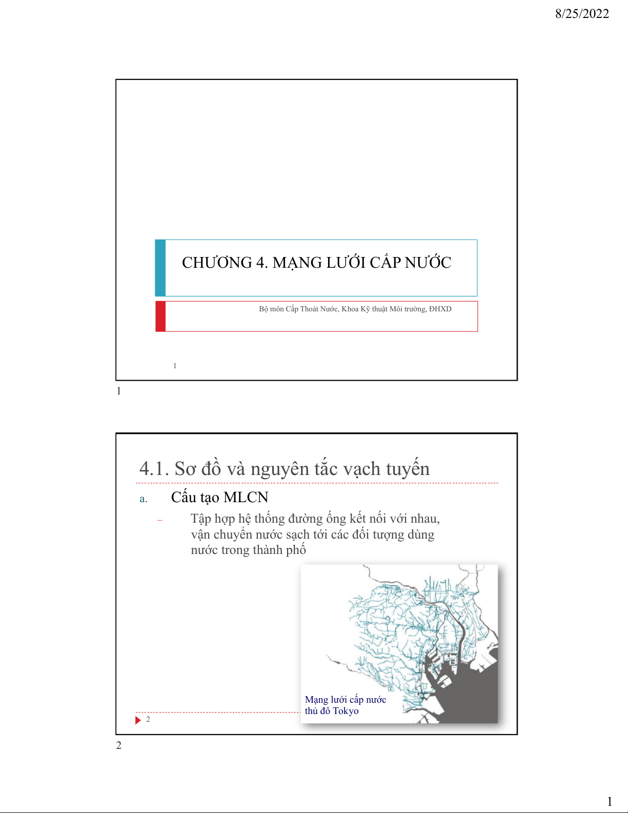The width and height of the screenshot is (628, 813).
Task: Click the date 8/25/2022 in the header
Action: point(582,14)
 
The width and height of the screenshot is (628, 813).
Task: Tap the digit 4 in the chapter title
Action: point(260,263)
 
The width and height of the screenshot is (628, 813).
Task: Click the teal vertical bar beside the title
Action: point(160,268)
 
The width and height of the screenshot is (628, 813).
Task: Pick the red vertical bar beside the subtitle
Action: point(160,316)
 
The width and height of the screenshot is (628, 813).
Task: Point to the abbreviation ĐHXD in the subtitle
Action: point(440,309)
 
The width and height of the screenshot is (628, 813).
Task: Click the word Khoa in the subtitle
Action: point(350,309)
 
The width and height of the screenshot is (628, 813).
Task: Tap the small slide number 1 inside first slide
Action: point(175,366)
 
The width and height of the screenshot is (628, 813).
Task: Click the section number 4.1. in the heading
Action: point(154,469)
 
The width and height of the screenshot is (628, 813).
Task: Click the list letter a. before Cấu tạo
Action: point(144,499)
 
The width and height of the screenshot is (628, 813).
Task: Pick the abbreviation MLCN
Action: point(246,497)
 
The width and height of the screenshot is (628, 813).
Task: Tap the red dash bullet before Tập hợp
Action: point(160,520)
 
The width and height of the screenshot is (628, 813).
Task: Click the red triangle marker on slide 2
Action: point(138,720)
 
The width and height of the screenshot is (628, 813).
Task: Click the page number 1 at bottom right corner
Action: point(610,801)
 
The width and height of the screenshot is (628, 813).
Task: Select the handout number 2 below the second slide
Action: point(118,745)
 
